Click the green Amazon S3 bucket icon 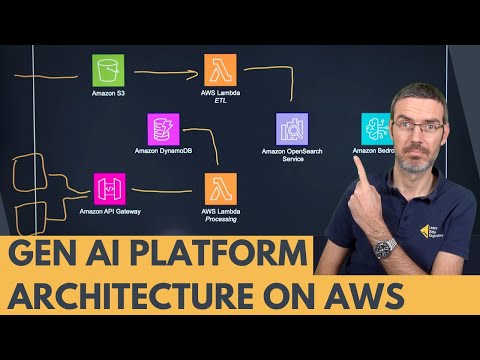click(108, 71)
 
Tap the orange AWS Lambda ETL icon click(220, 71)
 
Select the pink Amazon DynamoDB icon click(163, 129)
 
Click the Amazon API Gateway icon click(109, 188)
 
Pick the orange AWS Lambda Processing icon click(220, 188)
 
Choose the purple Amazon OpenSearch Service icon click(292, 129)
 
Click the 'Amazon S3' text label click(108, 95)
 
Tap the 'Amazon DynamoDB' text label click(163, 152)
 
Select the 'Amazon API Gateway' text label click(109, 212)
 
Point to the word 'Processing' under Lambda click(221, 220)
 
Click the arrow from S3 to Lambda click(165, 72)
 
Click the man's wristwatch click(386, 246)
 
